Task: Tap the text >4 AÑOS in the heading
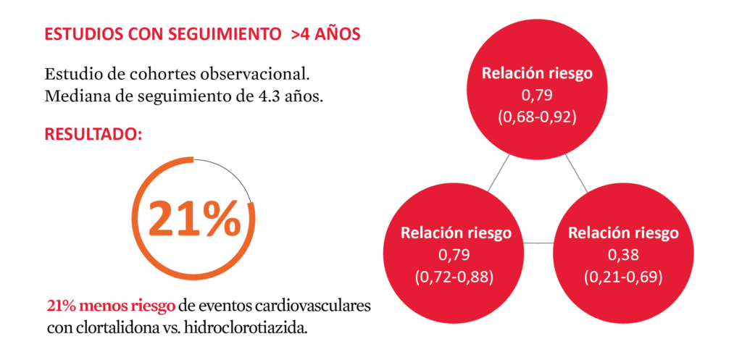(326, 35)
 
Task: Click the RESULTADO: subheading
(93, 134)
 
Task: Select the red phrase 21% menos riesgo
(111, 306)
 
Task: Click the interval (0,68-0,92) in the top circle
(537, 117)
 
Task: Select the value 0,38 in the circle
(623, 255)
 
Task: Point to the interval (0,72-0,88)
(454, 277)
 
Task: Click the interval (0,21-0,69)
(622, 277)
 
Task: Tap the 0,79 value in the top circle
(537, 96)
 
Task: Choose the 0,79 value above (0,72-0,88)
(454, 255)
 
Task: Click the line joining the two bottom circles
(538, 243)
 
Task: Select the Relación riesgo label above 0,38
(623, 233)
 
